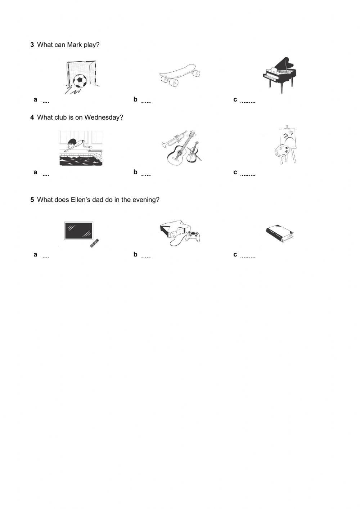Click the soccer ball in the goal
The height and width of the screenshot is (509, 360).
80,81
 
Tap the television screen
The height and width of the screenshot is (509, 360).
78,231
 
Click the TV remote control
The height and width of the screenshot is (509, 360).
94,243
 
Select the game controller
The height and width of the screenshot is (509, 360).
194,236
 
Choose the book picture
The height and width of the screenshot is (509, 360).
280,234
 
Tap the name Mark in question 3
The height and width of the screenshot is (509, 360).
74,45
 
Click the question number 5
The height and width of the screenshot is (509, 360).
32,200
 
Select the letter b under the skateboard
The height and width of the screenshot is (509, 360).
135,99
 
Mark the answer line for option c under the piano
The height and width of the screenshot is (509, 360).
248,102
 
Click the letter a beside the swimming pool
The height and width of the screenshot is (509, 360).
35,172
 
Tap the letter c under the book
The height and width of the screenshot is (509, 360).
235,255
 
